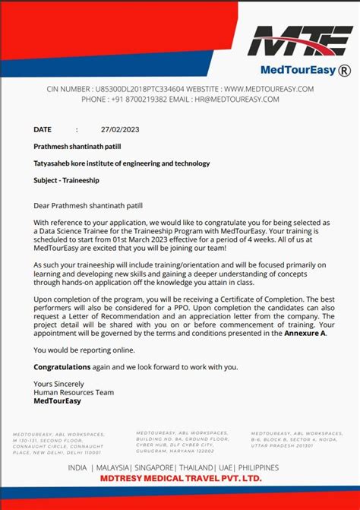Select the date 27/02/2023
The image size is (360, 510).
120,129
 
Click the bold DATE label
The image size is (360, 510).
43,129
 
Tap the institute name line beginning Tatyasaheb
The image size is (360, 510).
122,163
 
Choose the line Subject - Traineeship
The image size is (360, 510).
67,180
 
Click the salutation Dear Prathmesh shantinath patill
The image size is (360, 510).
87,205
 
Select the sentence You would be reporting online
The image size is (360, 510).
84,350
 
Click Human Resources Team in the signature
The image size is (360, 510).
74,392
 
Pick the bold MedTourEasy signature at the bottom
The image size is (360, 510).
57,401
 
